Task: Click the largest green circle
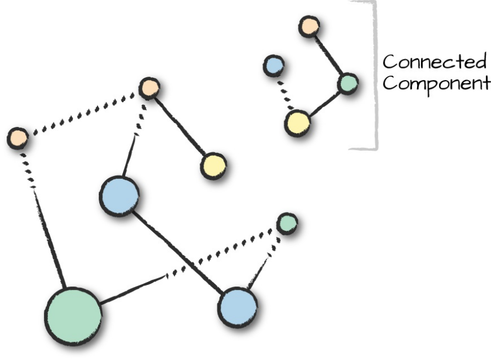pyautogui.click(x=73, y=316)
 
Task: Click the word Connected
pyautogui.click(x=435, y=61)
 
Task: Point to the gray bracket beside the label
pyautogui.click(x=376, y=75)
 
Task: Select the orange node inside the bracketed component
pyautogui.click(x=309, y=26)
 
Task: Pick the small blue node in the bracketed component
pyautogui.click(x=274, y=66)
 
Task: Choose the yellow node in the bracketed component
pyautogui.click(x=297, y=123)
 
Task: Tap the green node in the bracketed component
pyautogui.click(x=348, y=84)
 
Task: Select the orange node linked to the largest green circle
pyautogui.click(x=18, y=137)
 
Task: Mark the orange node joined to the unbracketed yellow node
pyautogui.click(x=149, y=88)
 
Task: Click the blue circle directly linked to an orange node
pyautogui.click(x=119, y=196)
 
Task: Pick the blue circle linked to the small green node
pyautogui.click(x=237, y=307)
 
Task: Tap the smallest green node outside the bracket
pyautogui.click(x=287, y=223)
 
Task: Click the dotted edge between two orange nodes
pyautogui.click(x=83, y=113)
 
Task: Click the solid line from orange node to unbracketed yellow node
pyautogui.click(x=180, y=126)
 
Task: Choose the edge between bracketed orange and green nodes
pyautogui.click(x=329, y=56)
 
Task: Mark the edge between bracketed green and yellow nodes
pyautogui.click(x=324, y=103)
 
